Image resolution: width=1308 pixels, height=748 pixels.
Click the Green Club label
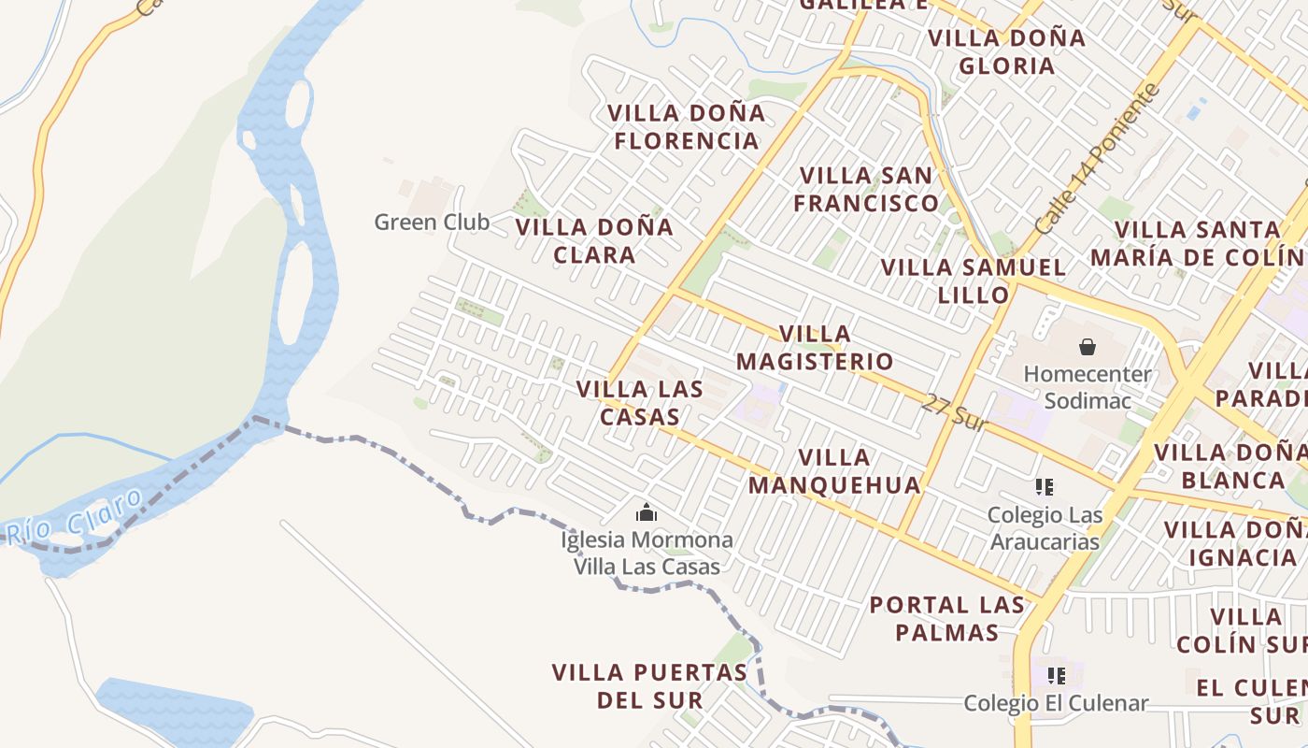432,223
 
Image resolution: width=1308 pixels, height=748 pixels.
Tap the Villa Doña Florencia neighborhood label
686,127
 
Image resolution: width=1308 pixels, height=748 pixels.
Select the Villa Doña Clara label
594,240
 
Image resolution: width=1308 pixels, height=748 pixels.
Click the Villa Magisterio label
815,348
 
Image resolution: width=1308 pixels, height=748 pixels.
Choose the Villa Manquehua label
834,471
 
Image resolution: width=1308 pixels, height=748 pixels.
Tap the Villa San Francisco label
866,189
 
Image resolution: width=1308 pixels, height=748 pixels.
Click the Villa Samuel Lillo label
974,280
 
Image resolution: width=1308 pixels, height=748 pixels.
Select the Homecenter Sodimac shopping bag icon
1088,348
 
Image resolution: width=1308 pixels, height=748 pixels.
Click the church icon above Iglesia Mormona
646,513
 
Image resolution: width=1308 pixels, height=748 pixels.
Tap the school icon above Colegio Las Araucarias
1045,487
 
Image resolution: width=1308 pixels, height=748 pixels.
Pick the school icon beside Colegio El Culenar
1057,676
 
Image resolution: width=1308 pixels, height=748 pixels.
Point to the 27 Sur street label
954,412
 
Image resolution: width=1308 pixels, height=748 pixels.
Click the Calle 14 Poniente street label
1098,160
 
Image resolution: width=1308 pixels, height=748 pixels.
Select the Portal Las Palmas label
947,618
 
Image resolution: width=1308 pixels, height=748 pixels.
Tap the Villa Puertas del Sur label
649,685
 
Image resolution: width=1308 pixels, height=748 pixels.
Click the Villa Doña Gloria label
1006,51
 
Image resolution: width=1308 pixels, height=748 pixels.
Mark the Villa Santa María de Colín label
1198,243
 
